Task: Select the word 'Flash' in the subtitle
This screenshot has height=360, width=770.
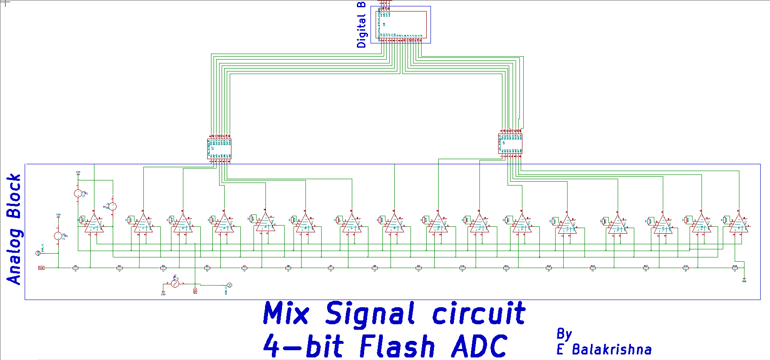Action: tap(397, 346)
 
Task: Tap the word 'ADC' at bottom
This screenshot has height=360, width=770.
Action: tap(479, 346)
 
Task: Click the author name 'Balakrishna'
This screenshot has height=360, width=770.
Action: tap(611, 349)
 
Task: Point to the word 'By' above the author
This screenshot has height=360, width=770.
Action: tap(564, 334)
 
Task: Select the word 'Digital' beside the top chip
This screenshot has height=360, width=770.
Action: tap(361, 31)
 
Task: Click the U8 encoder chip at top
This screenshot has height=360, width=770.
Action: tap(401, 24)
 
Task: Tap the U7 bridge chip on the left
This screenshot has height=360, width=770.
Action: tap(219, 149)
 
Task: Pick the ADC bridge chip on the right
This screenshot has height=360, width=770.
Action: tap(510, 143)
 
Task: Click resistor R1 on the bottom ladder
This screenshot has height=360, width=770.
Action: tap(76, 268)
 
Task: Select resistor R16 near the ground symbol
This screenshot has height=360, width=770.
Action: tap(735, 268)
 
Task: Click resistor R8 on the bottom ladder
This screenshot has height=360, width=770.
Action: tap(375, 268)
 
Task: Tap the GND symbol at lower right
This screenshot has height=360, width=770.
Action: tap(744, 280)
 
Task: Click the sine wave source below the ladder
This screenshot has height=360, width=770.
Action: tap(175, 283)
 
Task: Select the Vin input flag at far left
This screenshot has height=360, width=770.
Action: tap(41, 268)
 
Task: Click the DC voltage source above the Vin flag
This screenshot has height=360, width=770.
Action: tap(58, 236)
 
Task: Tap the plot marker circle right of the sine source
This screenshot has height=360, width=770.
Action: tap(229, 285)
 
